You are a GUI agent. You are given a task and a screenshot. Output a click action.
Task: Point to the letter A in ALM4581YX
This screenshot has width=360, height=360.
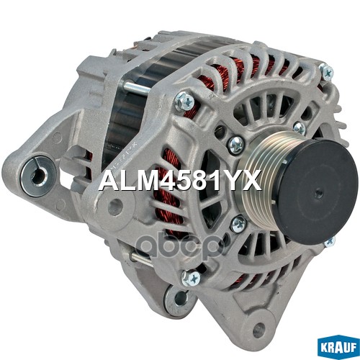pyautogui.click(x=107, y=180)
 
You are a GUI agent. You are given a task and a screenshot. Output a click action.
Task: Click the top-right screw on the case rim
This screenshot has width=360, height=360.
pyautogui.click(x=326, y=72)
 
